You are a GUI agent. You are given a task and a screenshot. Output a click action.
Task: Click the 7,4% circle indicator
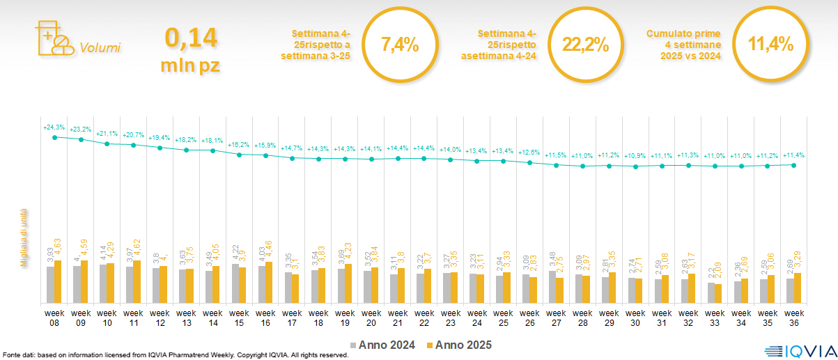click(x=400, y=45)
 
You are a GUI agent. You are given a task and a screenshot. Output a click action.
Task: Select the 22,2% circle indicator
click(x=585, y=45)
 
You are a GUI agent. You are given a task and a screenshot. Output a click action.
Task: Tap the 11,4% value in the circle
click(x=770, y=45)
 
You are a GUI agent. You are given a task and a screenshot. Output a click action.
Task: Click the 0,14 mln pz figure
click(x=190, y=49)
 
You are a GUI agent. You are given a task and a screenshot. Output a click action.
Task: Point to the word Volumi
click(x=100, y=48)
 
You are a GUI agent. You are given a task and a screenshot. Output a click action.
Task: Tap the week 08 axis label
click(x=54, y=318)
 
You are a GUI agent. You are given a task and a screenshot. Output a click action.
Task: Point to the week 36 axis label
click(x=794, y=318)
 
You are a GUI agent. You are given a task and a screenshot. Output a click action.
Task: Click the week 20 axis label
click(x=371, y=318)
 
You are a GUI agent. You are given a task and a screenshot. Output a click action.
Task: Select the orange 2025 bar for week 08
click(x=58, y=281)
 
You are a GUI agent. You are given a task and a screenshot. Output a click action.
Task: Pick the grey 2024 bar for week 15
click(x=235, y=283)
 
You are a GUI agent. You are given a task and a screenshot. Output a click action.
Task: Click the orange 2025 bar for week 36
click(x=798, y=288)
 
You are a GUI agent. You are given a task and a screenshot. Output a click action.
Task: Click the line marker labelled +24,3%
click(x=54, y=137)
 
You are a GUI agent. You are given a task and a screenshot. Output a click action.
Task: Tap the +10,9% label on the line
click(x=635, y=156)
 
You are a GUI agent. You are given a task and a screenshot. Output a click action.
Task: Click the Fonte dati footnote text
click(x=174, y=355)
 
